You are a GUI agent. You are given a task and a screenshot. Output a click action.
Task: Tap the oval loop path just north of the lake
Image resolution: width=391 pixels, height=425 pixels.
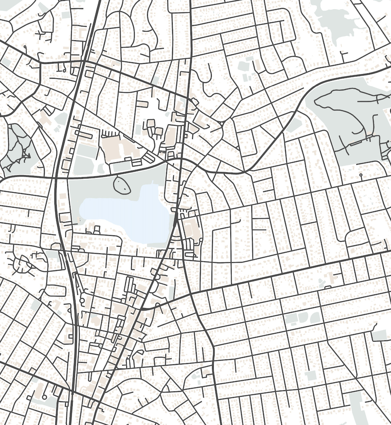(x=122, y=185)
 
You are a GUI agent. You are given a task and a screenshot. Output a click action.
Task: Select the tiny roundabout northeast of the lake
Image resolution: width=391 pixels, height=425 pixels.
(x=222, y=124)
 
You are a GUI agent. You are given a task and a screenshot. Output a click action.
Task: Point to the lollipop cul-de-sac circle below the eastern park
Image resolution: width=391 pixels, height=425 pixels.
(x=361, y=175)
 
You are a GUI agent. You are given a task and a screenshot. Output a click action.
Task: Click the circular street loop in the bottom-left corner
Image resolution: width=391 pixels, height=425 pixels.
(x=44, y=397)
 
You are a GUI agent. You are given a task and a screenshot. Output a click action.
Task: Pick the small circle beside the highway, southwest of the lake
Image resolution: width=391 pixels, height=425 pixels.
(x=82, y=300)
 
